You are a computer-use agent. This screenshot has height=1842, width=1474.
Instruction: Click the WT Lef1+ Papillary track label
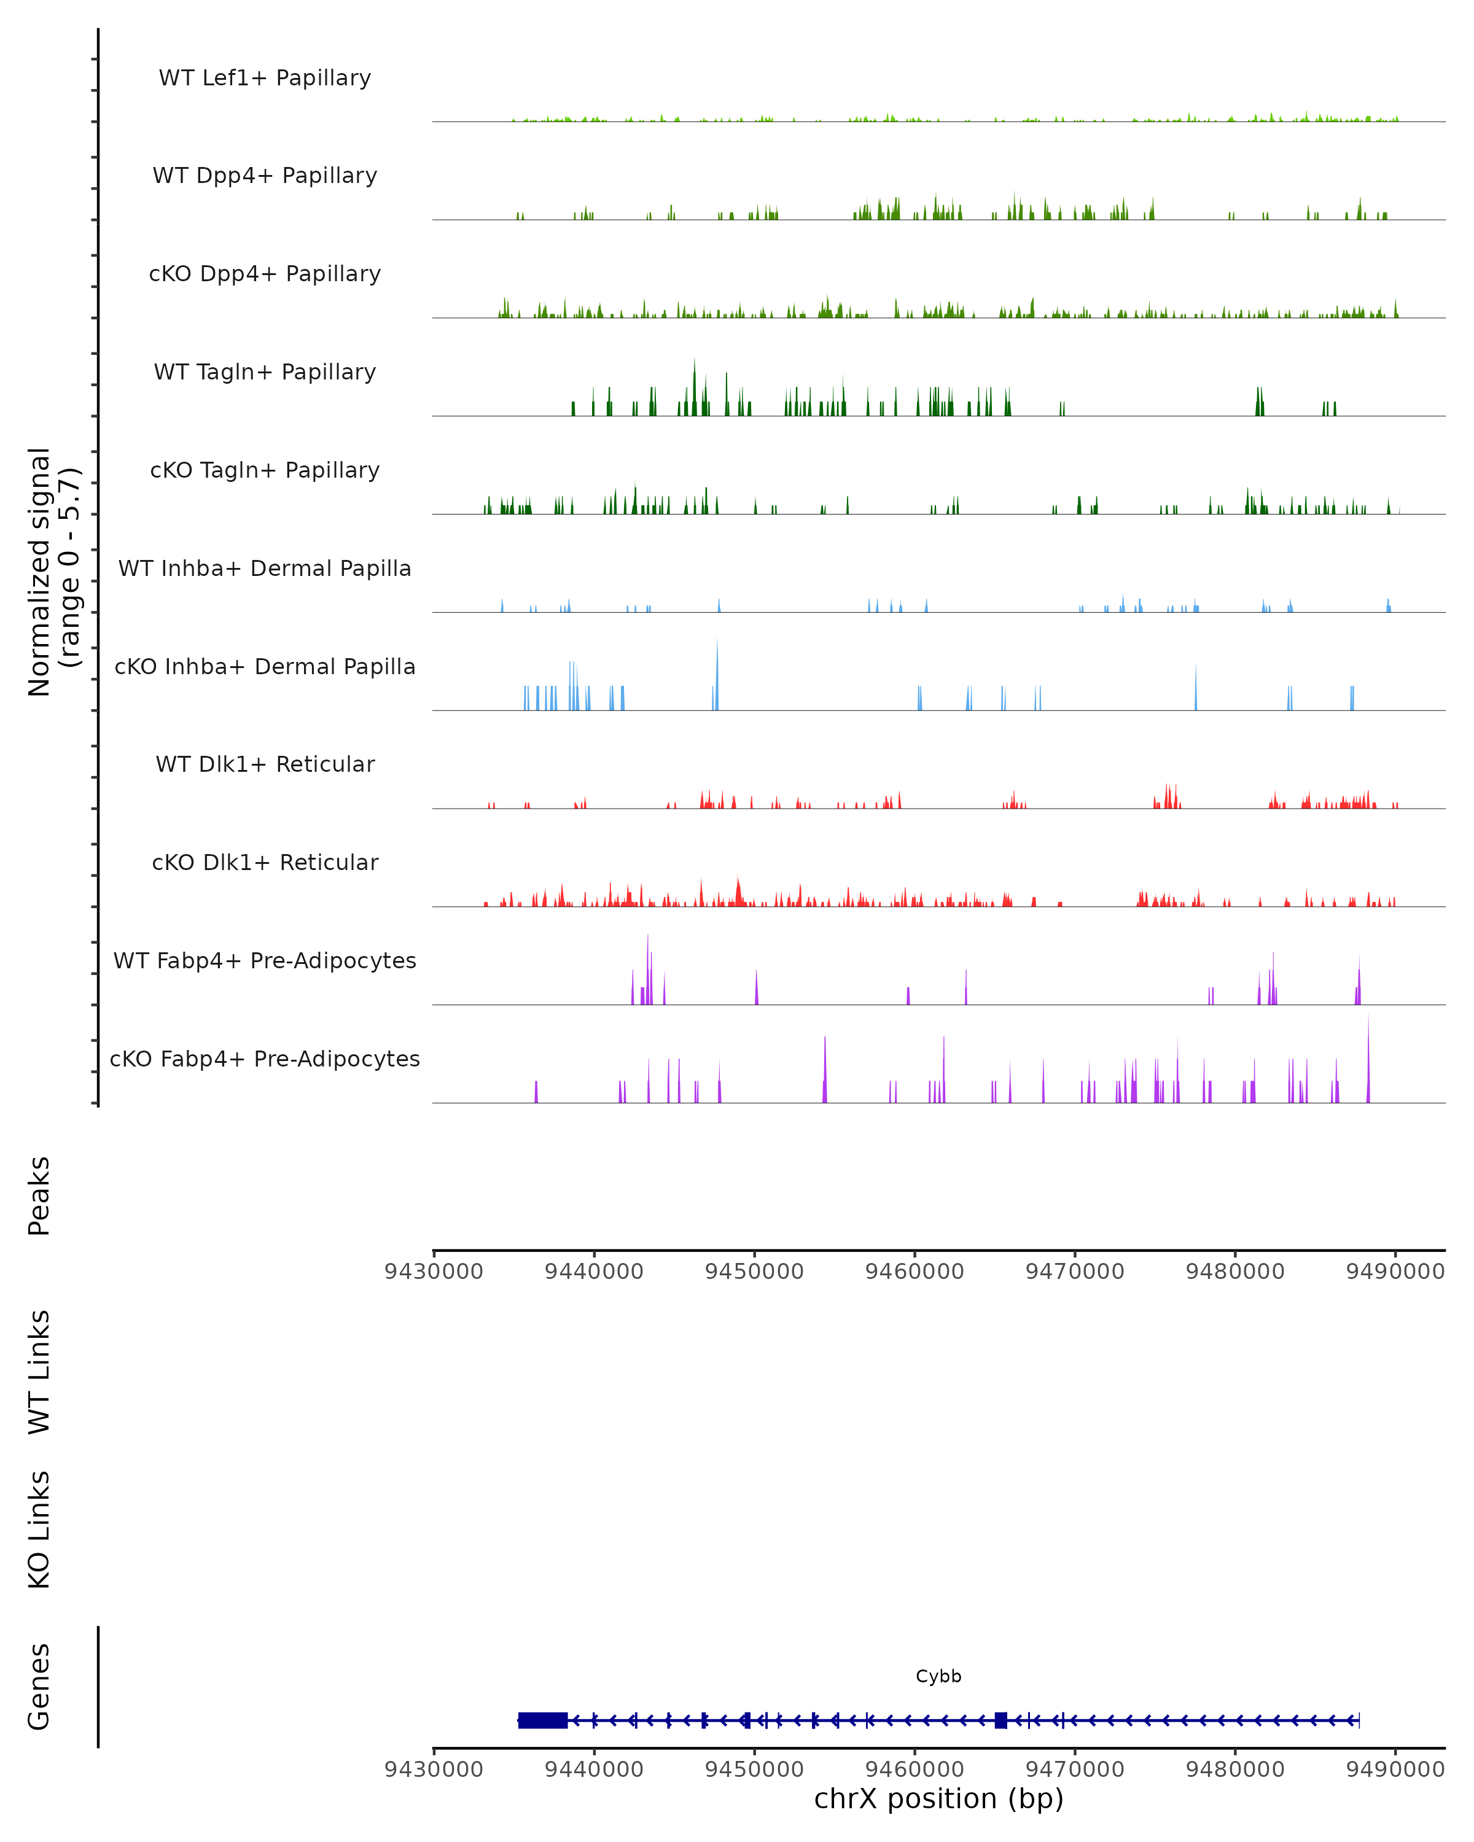point(265,78)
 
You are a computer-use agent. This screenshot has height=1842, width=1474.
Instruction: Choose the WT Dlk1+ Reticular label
point(265,764)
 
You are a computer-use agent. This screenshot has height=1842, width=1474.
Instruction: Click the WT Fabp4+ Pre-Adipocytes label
point(265,960)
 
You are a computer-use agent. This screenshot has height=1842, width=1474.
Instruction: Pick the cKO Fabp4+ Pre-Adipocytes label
point(265,1059)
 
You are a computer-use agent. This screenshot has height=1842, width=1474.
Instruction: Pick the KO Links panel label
point(39,1529)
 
